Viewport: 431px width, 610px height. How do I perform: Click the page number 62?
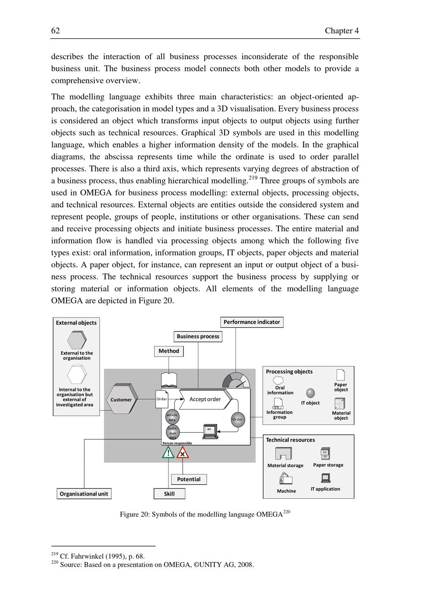pos(56,31)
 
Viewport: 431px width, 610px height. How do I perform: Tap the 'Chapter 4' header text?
pos(342,31)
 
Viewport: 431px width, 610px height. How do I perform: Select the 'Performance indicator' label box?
pos(252,322)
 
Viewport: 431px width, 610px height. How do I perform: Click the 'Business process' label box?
pos(198,336)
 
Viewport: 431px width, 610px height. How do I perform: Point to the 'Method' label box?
pos(169,351)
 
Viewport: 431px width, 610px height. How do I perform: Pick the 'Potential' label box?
pos(189,479)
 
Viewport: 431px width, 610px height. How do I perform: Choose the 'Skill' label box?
pos(169,494)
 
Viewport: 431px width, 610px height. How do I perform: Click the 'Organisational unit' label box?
pos(84,494)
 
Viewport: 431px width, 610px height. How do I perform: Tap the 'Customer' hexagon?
pos(121,399)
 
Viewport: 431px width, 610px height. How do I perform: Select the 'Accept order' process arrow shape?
pos(205,399)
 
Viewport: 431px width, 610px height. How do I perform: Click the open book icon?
pos(169,380)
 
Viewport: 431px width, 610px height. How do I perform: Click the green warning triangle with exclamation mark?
pos(168,453)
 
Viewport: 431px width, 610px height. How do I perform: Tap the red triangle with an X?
pos(183,453)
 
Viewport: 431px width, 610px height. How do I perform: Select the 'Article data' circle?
pos(172,417)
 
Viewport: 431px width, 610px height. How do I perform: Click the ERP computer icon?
pos(210,431)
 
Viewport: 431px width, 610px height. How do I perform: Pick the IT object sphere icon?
pos(310,393)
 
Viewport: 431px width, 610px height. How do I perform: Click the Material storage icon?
pos(283,454)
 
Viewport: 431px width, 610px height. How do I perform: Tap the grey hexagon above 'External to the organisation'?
pos(77,340)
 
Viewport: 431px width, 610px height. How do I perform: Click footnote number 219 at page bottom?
pos(54,554)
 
